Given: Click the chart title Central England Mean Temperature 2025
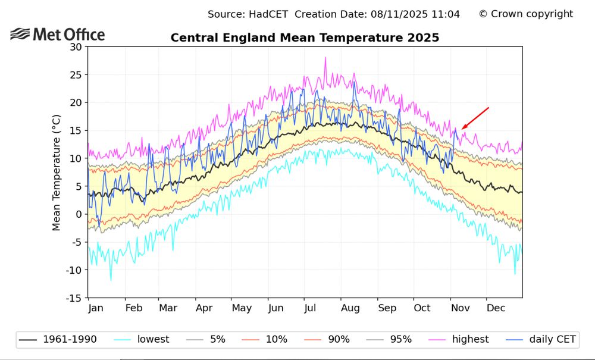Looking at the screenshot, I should tap(305, 38).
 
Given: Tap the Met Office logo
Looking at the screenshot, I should tap(58, 35).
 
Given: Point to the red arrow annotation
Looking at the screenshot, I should tap(475, 118).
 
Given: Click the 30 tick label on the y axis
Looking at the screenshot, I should tap(76, 47).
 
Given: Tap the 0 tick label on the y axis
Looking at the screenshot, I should tap(79, 214).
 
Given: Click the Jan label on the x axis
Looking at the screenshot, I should tap(96, 308).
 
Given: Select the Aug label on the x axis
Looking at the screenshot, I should tap(350, 308).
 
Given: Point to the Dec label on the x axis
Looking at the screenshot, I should tap(496, 308).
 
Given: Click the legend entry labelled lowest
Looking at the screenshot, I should tap(153, 340).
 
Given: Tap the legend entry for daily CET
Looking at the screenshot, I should tap(552, 340).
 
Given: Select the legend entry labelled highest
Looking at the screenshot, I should tap(470, 340).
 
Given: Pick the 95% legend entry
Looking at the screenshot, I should tap(400, 340).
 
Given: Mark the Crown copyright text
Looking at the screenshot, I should tap(526, 14).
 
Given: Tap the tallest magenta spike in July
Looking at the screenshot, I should tap(325, 58).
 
